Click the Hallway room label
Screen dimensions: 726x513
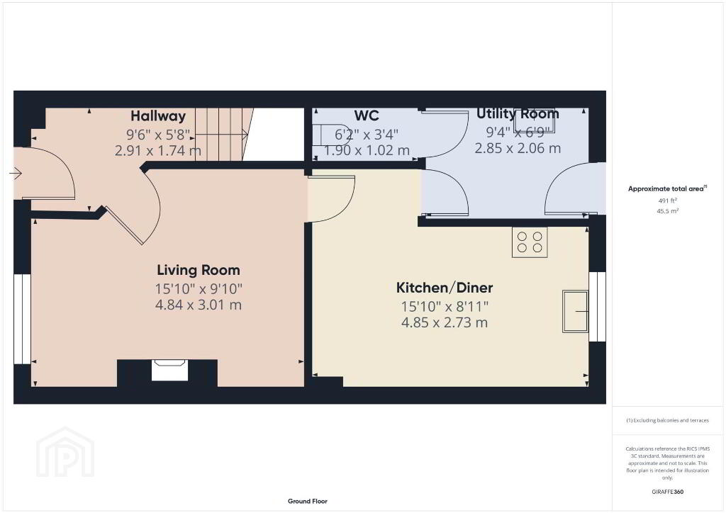click(x=158, y=115)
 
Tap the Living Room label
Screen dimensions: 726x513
click(x=199, y=270)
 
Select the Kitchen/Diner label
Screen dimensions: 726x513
click(x=445, y=288)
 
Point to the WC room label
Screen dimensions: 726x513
click(x=367, y=115)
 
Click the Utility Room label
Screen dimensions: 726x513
click(x=518, y=113)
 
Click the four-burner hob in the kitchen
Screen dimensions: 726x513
click(x=530, y=242)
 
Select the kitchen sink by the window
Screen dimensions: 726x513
click(x=576, y=311)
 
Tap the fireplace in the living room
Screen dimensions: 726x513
click(x=170, y=370)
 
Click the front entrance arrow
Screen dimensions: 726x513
click(x=16, y=174)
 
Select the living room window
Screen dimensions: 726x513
click(x=22, y=319)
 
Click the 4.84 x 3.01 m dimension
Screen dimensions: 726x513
click(x=199, y=305)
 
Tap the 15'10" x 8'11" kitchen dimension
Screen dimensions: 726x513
click(x=445, y=306)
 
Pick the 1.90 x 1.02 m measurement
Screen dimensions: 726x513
click(x=367, y=150)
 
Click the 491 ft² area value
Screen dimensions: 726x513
click(x=667, y=201)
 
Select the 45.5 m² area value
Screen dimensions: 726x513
click(x=667, y=211)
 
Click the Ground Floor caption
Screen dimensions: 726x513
click(x=308, y=501)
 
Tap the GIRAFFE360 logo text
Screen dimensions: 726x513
click(x=667, y=492)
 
